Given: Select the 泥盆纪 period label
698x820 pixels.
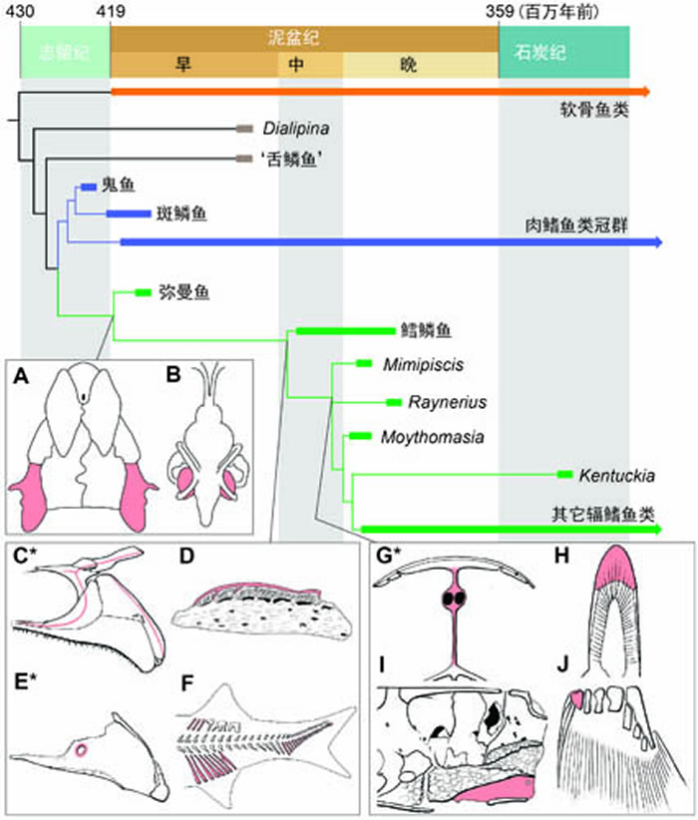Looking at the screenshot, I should coord(303,37).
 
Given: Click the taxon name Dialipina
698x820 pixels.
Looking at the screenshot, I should coord(296,129).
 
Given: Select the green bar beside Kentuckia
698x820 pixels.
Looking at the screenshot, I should coord(564,473).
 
